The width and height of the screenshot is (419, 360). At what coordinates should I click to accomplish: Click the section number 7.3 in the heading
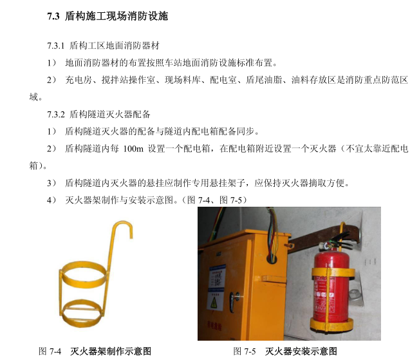[x=53, y=16]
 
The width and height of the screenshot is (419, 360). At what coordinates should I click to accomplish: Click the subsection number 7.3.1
[x=56, y=46]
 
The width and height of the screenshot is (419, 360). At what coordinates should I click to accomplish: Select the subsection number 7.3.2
[x=56, y=115]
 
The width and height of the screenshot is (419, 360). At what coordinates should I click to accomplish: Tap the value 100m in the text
[x=133, y=149]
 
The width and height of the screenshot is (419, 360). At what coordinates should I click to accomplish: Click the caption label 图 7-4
[x=50, y=351]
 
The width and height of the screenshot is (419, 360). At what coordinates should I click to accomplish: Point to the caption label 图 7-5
[x=245, y=351]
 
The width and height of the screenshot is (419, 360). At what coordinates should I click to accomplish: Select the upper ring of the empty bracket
[x=84, y=274]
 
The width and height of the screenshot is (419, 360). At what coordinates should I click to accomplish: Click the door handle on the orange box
[x=234, y=301]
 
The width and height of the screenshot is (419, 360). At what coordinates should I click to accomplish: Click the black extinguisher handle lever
[x=340, y=238]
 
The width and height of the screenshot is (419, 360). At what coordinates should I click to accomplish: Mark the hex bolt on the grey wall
[x=355, y=295]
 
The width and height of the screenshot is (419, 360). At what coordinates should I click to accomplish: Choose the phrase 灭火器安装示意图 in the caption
[x=301, y=351]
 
